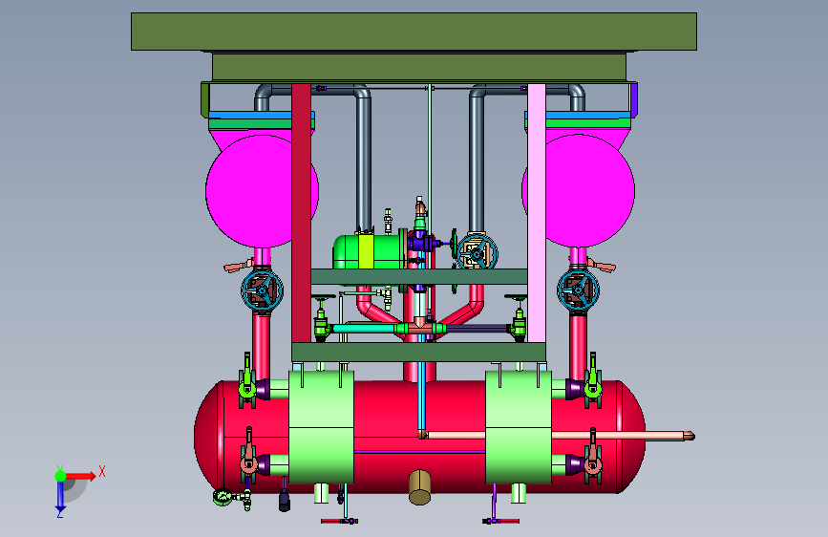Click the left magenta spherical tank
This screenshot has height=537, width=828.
(248, 191)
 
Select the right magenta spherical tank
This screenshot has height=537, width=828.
(590, 191)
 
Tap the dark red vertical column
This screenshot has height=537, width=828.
(301, 213)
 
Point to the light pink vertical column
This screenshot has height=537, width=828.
(537, 213)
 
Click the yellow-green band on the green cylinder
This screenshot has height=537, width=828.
(366, 251)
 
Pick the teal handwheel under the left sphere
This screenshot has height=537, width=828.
(262, 290)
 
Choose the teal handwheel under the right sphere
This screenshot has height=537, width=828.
(578, 290)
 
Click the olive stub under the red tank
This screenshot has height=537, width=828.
(419, 486)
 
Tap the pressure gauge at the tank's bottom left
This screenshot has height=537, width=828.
(223, 497)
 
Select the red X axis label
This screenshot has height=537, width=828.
(102, 471)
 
